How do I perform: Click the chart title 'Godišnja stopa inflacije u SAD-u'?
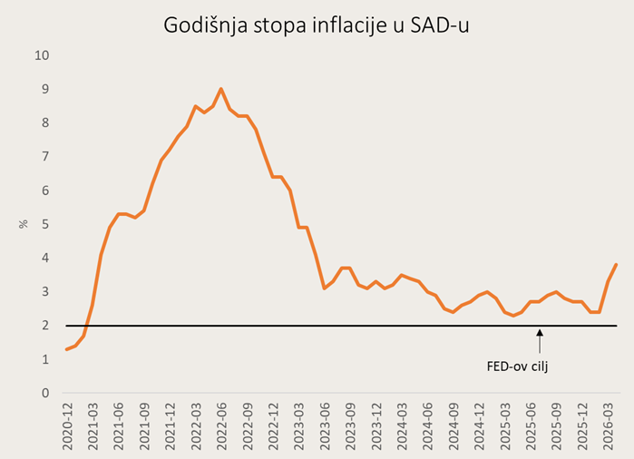pos(317,26)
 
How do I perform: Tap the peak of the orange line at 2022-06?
pos(220,89)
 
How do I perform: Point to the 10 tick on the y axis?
pos(42,55)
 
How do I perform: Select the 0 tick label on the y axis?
pos(45,393)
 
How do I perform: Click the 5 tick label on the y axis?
pos(45,224)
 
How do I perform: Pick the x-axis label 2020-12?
pos(67,426)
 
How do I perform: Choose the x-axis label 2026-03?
pos(608,426)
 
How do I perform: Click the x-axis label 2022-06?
pos(222,426)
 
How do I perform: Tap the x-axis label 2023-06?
pos(325,426)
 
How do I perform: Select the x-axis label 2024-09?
pos(454,426)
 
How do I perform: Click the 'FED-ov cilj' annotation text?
pos(517,366)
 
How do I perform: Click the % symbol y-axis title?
pos(24,224)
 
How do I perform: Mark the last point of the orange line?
pos(616,264)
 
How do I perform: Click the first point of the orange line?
pos(67,349)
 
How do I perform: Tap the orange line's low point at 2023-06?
pos(325,288)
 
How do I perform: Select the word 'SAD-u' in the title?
pos(440,25)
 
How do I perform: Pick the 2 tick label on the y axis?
pos(45,325)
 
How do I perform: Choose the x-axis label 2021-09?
pos(145,426)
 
